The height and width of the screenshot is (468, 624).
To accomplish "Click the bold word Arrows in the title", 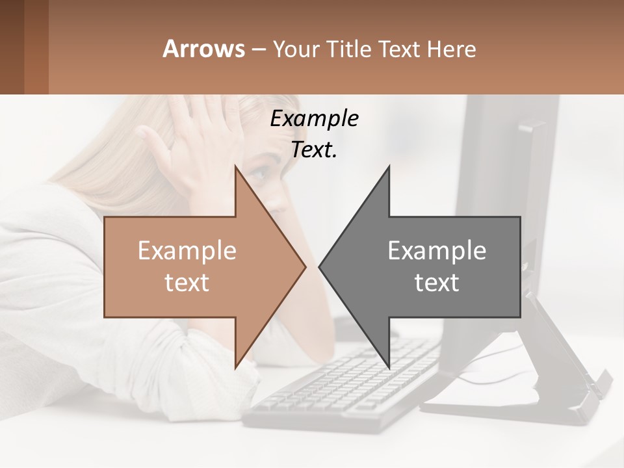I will pos(203,49).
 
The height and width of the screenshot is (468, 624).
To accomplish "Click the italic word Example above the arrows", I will pos(314,118).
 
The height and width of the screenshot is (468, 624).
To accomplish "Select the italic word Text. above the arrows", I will pos(314,149).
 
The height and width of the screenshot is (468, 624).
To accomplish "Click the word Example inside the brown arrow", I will pos(187,250).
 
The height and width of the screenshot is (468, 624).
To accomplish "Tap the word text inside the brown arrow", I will pos(187,283).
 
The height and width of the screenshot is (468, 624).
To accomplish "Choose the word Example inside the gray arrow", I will pos(437,250).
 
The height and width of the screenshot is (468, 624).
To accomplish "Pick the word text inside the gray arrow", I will pos(437,283).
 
